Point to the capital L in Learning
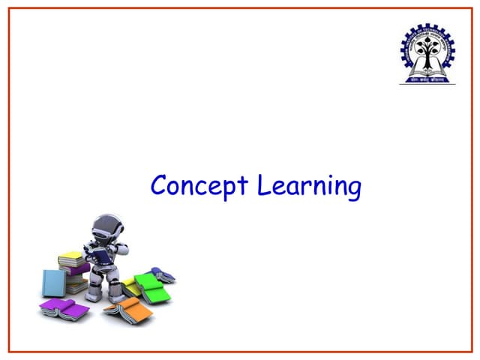coord(263,184)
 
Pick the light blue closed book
coord(53,283)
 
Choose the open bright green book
coord(153,288)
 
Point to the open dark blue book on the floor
coord(163,274)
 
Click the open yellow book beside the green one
coord(130,286)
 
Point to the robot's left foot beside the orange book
coord(115,297)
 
